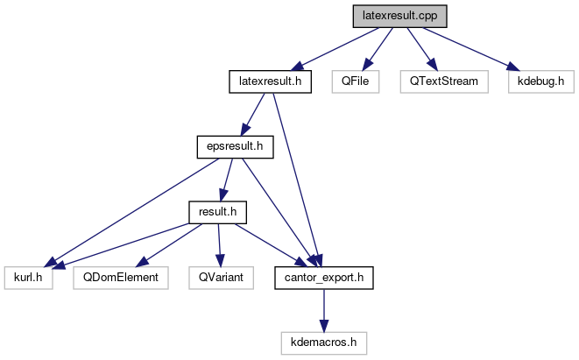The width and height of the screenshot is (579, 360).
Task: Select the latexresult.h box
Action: (271, 82)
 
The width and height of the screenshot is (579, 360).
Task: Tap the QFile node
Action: (356, 82)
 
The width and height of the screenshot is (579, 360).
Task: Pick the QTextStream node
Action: (439, 82)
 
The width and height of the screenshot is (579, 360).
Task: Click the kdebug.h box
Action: (540, 82)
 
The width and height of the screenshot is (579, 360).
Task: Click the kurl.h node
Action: (28, 277)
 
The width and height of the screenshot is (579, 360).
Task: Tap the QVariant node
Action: (220, 277)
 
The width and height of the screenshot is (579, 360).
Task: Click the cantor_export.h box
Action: (324, 277)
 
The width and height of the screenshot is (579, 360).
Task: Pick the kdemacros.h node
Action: (324, 342)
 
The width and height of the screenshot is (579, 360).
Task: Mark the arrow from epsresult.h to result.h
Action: (227, 179)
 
